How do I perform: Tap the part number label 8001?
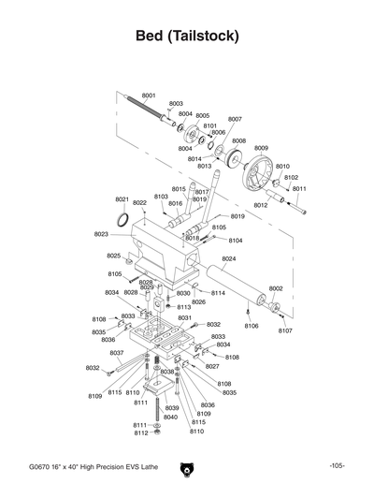coord(149,96)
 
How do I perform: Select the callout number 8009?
coord(261,148)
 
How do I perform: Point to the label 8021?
coord(122,199)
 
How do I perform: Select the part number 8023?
coord(102,234)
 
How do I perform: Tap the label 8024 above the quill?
coord(229,258)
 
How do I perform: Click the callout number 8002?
coord(276,289)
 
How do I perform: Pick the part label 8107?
coord(285,330)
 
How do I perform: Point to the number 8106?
coord(251,326)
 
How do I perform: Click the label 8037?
coord(117,353)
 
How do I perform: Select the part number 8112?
coord(140,433)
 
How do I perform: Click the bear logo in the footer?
coord(186,465)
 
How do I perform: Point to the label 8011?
coord(299,188)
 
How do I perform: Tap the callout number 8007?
coord(235,119)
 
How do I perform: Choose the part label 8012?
coord(261,205)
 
